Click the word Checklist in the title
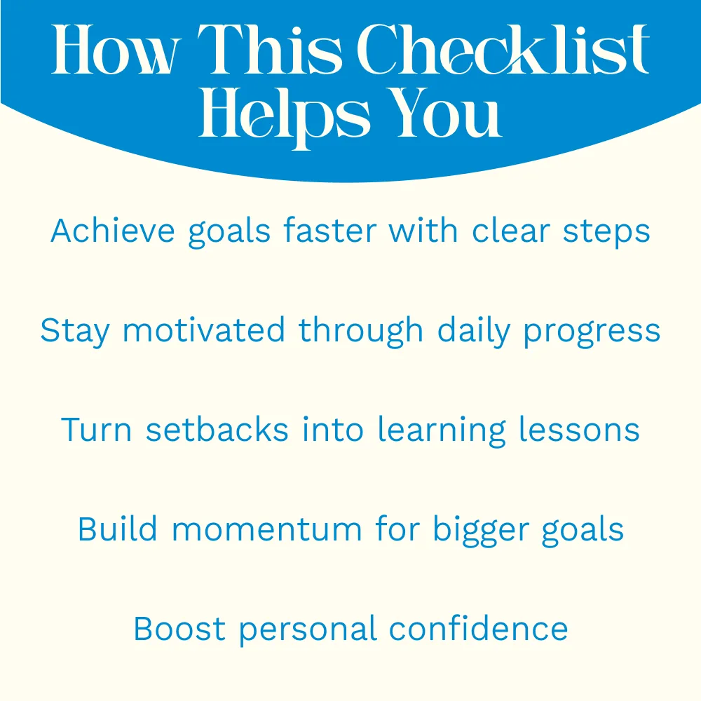click(x=503, y=49)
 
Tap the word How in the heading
click(x=116, y=49)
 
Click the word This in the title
click(x=270, y=49)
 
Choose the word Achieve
click(x=113, y=231)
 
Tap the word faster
click(x=330, y=231)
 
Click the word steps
click(x=606, y=233)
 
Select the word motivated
click(x=203, y=330)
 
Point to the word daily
click(x=473, y=332)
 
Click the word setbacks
click(x=217, y=430)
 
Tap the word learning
click(x=442, y=431)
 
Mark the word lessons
click(x=580, y=430)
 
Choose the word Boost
click(x=179, y=629)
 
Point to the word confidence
click(x=478, y=628)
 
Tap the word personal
click(x=308, y=630)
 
